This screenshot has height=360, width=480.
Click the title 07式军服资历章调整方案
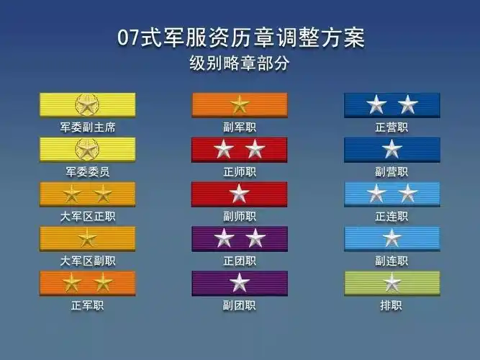pyautogui.click(x=240, y=37)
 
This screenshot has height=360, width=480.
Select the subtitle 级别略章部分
pyautogui.click(x=240, y=63)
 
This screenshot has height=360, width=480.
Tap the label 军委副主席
pyautogui.click(x=87, y=127)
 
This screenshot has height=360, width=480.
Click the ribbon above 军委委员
pyautogui.click(x=87, y=150)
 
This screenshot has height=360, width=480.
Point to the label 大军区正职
pyautogui.click(x=87, y=216)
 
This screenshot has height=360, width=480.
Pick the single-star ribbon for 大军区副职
pyautogui.click(x=87, y=238)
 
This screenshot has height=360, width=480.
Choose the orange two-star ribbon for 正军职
pyautogui.click(x=87, y=282)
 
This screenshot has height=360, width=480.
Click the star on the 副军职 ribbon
pyautogui.click(x=239, y=105)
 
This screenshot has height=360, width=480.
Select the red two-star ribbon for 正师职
pyautogui.click(x=239, y=150)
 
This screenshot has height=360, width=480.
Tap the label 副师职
pyautogui.click(x=239, y=216)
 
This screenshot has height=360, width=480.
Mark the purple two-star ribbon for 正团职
pyautogui.click(x=239, y=238)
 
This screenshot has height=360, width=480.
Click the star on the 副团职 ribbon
pyautogui.click(x=239, y=282)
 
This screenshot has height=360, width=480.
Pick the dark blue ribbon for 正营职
pyautogui.click(x=391, y=105)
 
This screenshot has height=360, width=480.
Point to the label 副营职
pyautogui.click(x=391, y=171)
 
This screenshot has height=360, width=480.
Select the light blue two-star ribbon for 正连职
pyautogui.click(x=391, y=194)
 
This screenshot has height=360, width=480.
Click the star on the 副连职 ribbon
pyautogui.click(x=391, y=238)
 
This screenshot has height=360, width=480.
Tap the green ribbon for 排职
pyautogui.click(x=391, y=282)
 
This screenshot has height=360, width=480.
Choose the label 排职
pyautogui.click(x=391, y=305)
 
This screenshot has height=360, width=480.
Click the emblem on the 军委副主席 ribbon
pyautogui.click(x=87, y=105)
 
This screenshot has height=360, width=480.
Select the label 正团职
pyautogui.click(x=239, y=261)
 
